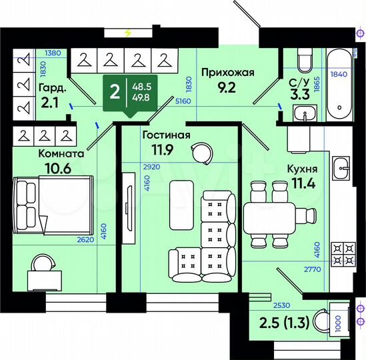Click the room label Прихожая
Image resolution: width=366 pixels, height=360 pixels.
tap(227, 73)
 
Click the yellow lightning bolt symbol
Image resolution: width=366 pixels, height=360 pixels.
tap(128, 31)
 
